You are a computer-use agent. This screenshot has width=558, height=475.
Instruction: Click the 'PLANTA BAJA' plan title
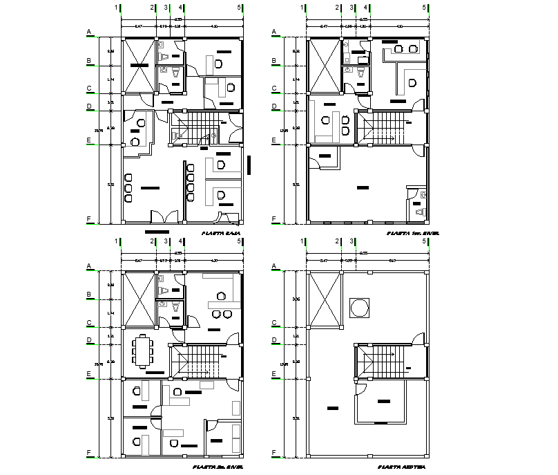pos(221,234)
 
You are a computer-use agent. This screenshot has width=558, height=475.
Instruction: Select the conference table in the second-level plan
pos(144,350)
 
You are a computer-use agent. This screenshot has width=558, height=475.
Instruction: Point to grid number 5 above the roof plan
pos(424,241)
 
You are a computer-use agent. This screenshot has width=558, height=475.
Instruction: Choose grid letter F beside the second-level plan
pos(89,454)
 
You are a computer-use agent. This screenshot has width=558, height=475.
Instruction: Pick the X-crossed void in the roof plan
pos(325,299)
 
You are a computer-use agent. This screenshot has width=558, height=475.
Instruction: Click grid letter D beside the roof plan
pos(274,339)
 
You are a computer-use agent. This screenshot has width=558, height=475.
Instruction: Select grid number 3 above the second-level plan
pos(166,241)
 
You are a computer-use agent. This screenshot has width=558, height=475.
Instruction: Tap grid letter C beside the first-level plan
pos(274,89)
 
